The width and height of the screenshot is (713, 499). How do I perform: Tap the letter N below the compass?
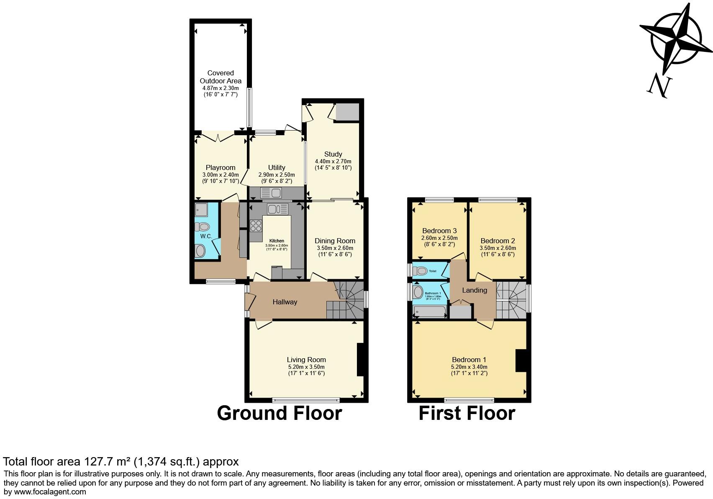coord(659,87)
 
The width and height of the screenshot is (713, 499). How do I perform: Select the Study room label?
coord(333,154)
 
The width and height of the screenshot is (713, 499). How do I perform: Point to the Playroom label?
coord(221,167)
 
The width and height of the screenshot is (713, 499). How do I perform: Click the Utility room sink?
coord(272,193)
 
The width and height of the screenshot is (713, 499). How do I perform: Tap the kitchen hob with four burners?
coord(256,226)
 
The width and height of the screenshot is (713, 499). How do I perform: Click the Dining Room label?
coord(335,241)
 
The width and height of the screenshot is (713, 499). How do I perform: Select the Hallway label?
coord(285,302)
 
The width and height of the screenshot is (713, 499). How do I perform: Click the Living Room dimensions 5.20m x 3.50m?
coord(306,367)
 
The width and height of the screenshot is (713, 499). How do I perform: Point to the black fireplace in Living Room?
coord(360,360)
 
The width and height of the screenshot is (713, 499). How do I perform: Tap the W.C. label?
coord(206,236)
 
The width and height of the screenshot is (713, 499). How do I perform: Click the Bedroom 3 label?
coord(439,231)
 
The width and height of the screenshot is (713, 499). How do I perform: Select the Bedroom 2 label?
coord(498,241)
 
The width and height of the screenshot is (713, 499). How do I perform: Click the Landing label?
coord(474,290)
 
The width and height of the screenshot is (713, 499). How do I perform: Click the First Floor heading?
coord(467,413)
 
